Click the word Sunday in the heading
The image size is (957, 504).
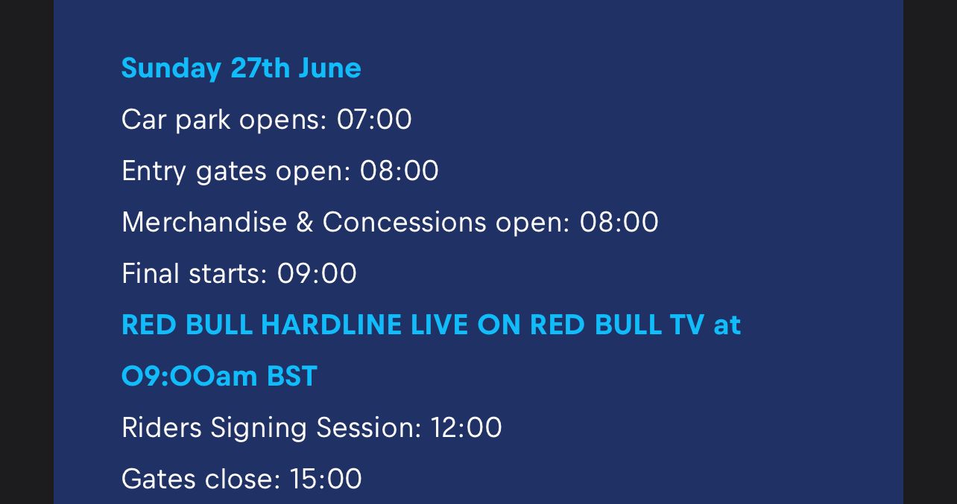tap(171, 68)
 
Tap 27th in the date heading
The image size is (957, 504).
tap(260, 68)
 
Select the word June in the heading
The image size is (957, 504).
tap(330, 68)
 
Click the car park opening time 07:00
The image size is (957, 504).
tap(374, 119)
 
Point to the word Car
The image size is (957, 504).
tap(144, 119)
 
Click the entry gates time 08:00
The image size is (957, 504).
tap(399, 170)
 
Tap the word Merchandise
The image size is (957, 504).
tap(204, 222)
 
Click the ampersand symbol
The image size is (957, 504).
tap(305, 222)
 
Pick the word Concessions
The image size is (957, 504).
tap(404, 222)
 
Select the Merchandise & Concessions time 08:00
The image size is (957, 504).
tap(619, 222)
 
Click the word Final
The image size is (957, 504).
tap(150, 273)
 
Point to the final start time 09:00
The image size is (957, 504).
tap(317, 273)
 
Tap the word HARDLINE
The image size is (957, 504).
tap(331, 325)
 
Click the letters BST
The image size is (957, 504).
tap(292, 376)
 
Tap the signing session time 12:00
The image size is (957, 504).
tap(466, 427)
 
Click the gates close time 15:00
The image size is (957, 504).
tap(326, 479)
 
